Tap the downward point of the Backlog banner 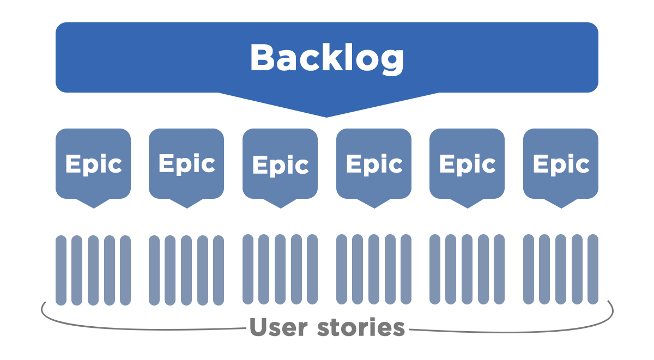(x=326, y=117)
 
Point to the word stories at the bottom (x=361, y=326)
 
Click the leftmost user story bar (x=61, y=271)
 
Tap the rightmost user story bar (x=593, y=269)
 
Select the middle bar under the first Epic (x=93, y=271)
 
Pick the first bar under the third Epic (x=248, y=269)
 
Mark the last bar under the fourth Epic (x=406, y=269)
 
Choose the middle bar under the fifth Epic (x=467, y=269)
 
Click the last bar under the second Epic (x=219, y=271)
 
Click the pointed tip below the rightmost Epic (x=561, y=208)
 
